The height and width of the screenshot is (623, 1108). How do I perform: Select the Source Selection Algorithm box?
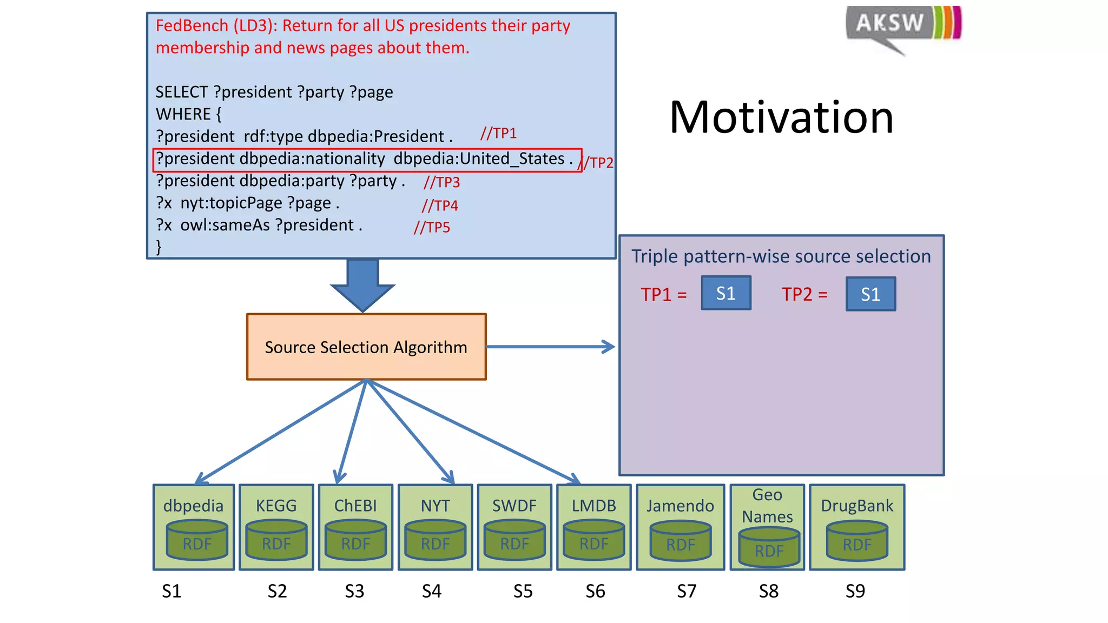coord(366,347)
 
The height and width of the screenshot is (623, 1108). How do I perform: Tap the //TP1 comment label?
coord(498,134)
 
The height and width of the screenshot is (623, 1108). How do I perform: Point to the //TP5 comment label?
coord(432,228)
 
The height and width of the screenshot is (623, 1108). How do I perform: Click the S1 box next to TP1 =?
coord(726,293)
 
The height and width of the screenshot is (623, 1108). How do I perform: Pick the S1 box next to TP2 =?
coord(870,294)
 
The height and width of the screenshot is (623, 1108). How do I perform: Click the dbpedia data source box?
coord(194,527)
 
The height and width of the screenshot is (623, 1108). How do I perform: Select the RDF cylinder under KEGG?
coord(276,541)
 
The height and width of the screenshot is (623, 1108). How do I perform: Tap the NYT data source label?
coord(435,506)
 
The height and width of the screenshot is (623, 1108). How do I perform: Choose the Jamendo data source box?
coord(680,527)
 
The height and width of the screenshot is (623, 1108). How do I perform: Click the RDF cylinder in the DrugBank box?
coord(857,542)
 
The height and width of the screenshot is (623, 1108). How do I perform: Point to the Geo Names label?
coord(767,506)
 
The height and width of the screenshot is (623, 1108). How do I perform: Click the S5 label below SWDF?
coord(523,591)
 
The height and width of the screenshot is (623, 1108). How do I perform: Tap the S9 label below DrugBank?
coord(855,591)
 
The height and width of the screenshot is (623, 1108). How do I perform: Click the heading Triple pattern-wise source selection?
coord(781,256)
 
